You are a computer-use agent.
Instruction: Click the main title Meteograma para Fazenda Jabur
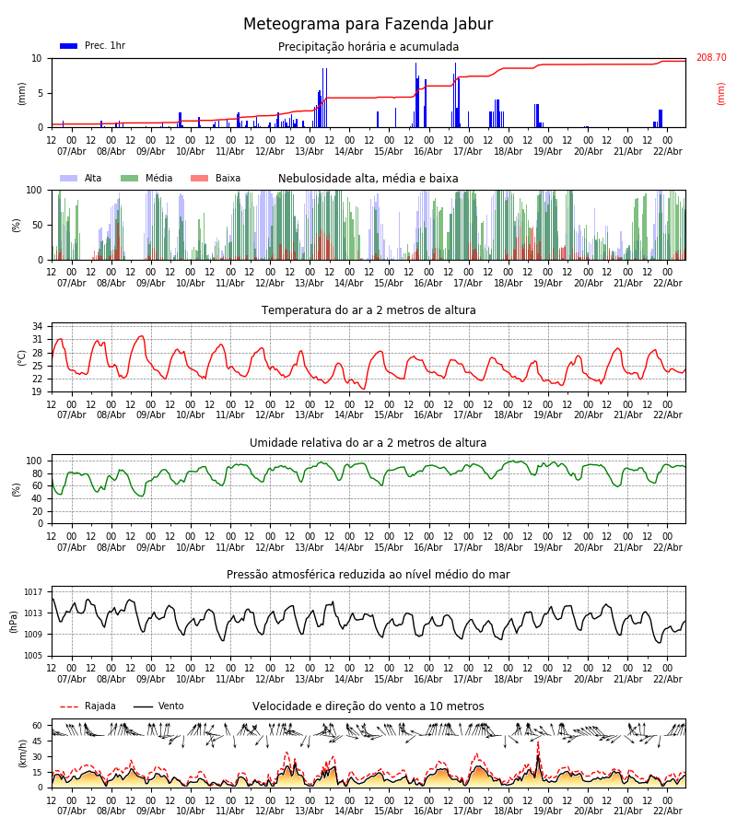point(368,25)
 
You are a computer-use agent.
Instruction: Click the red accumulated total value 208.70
point(710,58)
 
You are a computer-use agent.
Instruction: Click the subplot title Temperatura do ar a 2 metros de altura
point(368,310)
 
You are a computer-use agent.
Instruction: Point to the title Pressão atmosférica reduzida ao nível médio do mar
point(368,575)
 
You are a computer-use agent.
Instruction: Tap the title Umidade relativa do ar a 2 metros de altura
point(368,443)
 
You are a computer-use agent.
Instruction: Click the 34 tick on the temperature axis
point(37,326)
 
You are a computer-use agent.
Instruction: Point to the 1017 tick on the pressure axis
point(33,592)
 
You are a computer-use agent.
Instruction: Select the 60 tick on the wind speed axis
point(37,725)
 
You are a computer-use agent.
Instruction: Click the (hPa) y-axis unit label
point(14,621)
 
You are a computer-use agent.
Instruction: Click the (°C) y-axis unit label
point(22,356)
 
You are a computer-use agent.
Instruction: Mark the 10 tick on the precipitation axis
point(37,58)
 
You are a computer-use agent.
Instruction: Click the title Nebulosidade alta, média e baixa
point(368,179)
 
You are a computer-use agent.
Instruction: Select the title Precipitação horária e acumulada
point(368,47)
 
